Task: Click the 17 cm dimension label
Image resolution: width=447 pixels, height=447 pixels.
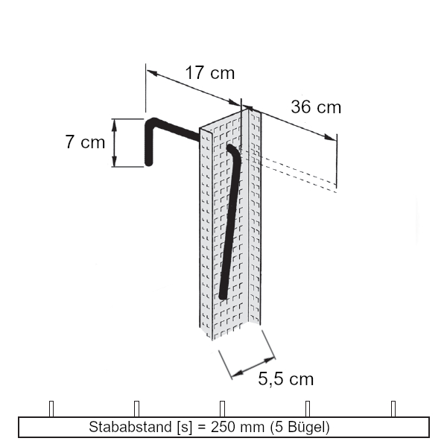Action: pos(209,73)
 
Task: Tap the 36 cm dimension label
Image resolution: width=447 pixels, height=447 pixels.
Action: pos(316,107)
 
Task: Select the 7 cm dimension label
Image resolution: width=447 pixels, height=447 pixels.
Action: pos(85,142)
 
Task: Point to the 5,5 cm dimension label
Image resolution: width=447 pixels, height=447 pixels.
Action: pos(286,379)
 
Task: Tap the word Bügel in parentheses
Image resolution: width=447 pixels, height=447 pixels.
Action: pos(305,428)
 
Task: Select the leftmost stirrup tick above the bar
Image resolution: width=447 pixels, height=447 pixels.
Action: pos(51,408)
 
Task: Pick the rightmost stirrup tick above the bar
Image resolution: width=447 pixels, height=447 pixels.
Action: pos(394,408)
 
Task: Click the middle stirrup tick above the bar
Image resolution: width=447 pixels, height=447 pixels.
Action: pos(223,408)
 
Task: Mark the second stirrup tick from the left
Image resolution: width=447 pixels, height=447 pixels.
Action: pos(137,408)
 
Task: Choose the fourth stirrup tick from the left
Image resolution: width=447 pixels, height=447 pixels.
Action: pos(308,408)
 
